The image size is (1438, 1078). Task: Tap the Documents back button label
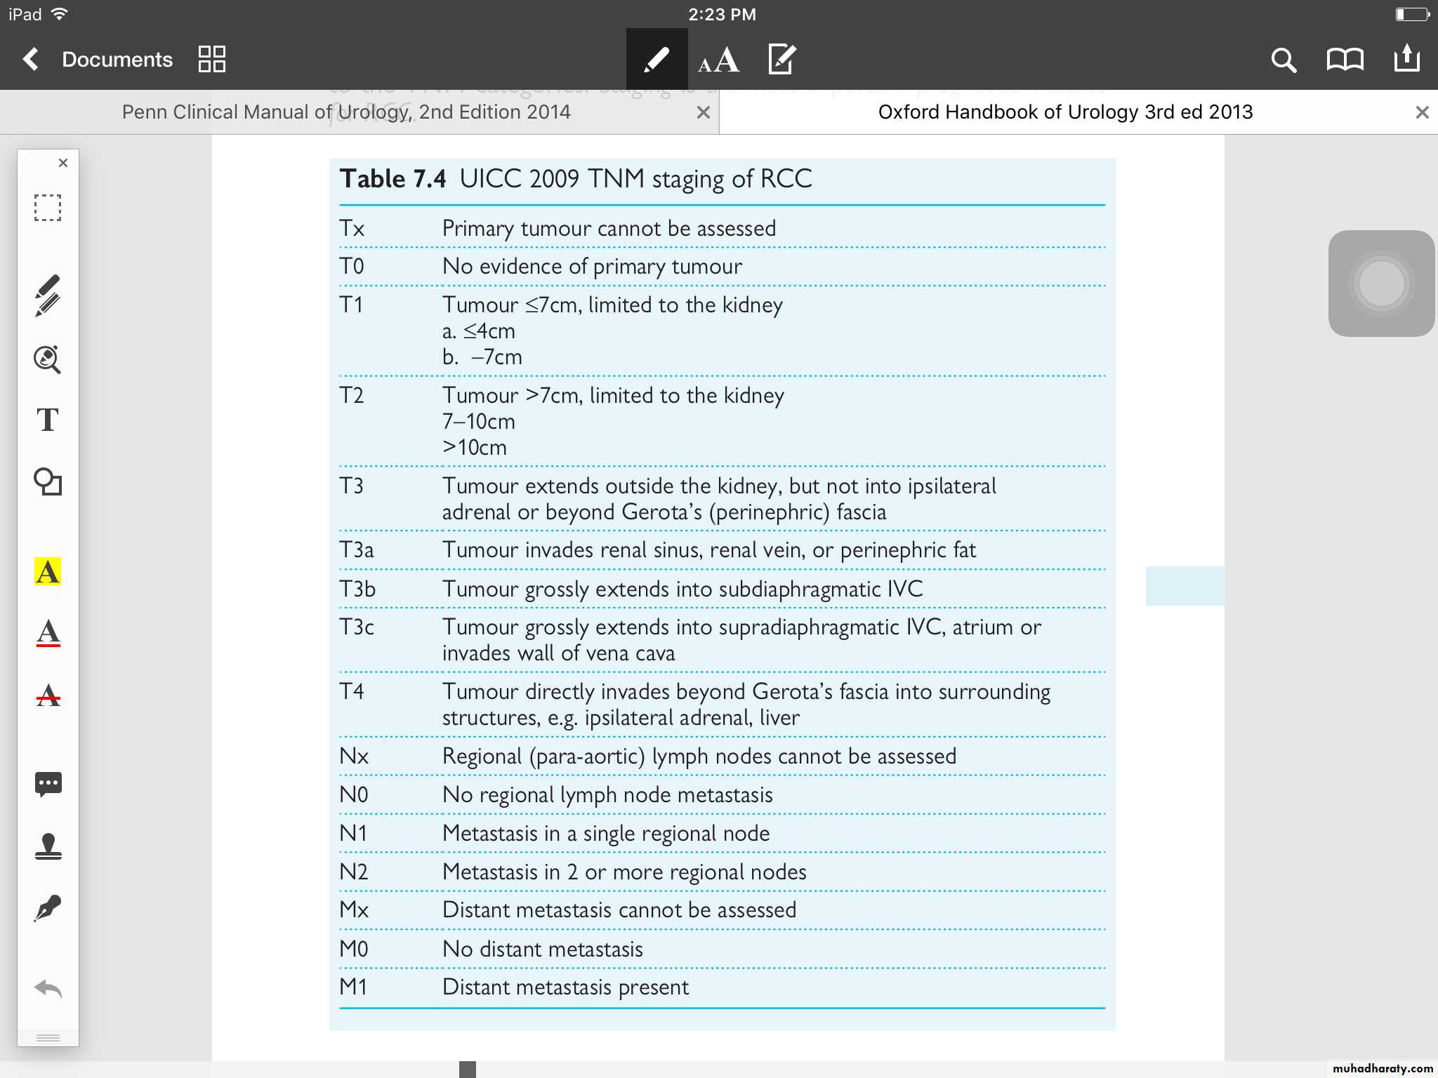[x=117, y=60]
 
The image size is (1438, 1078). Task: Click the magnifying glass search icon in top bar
[x=1283, y=60]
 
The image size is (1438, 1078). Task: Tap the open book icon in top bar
[x=1345, y=60]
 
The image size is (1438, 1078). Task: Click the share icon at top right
[x=1406, y=59]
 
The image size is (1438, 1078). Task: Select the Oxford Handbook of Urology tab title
[x=1065, y=112]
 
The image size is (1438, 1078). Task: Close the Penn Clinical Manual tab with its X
[x=703, y=112]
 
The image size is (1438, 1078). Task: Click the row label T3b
[x=357, y=589]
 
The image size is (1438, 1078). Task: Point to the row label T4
[x=352, y=691]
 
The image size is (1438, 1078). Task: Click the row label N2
[x=354, y=872]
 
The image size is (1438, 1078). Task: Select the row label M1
[x=353, y=987]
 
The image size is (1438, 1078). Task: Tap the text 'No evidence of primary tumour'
[x=592, y=267]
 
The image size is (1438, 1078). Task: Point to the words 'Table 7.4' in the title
[x=393, y=179]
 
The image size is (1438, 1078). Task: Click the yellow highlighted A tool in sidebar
[x=48, y=572]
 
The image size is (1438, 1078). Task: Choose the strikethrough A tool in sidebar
[x=48, y=696]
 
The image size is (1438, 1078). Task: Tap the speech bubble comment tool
[x=48, y=783]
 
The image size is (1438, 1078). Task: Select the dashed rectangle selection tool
[x=48, y=208]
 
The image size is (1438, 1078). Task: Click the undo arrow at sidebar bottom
[x=48, y=990]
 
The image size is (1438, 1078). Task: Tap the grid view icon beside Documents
[x=211, y=60]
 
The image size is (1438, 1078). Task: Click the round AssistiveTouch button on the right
[x=1381, y=284]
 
